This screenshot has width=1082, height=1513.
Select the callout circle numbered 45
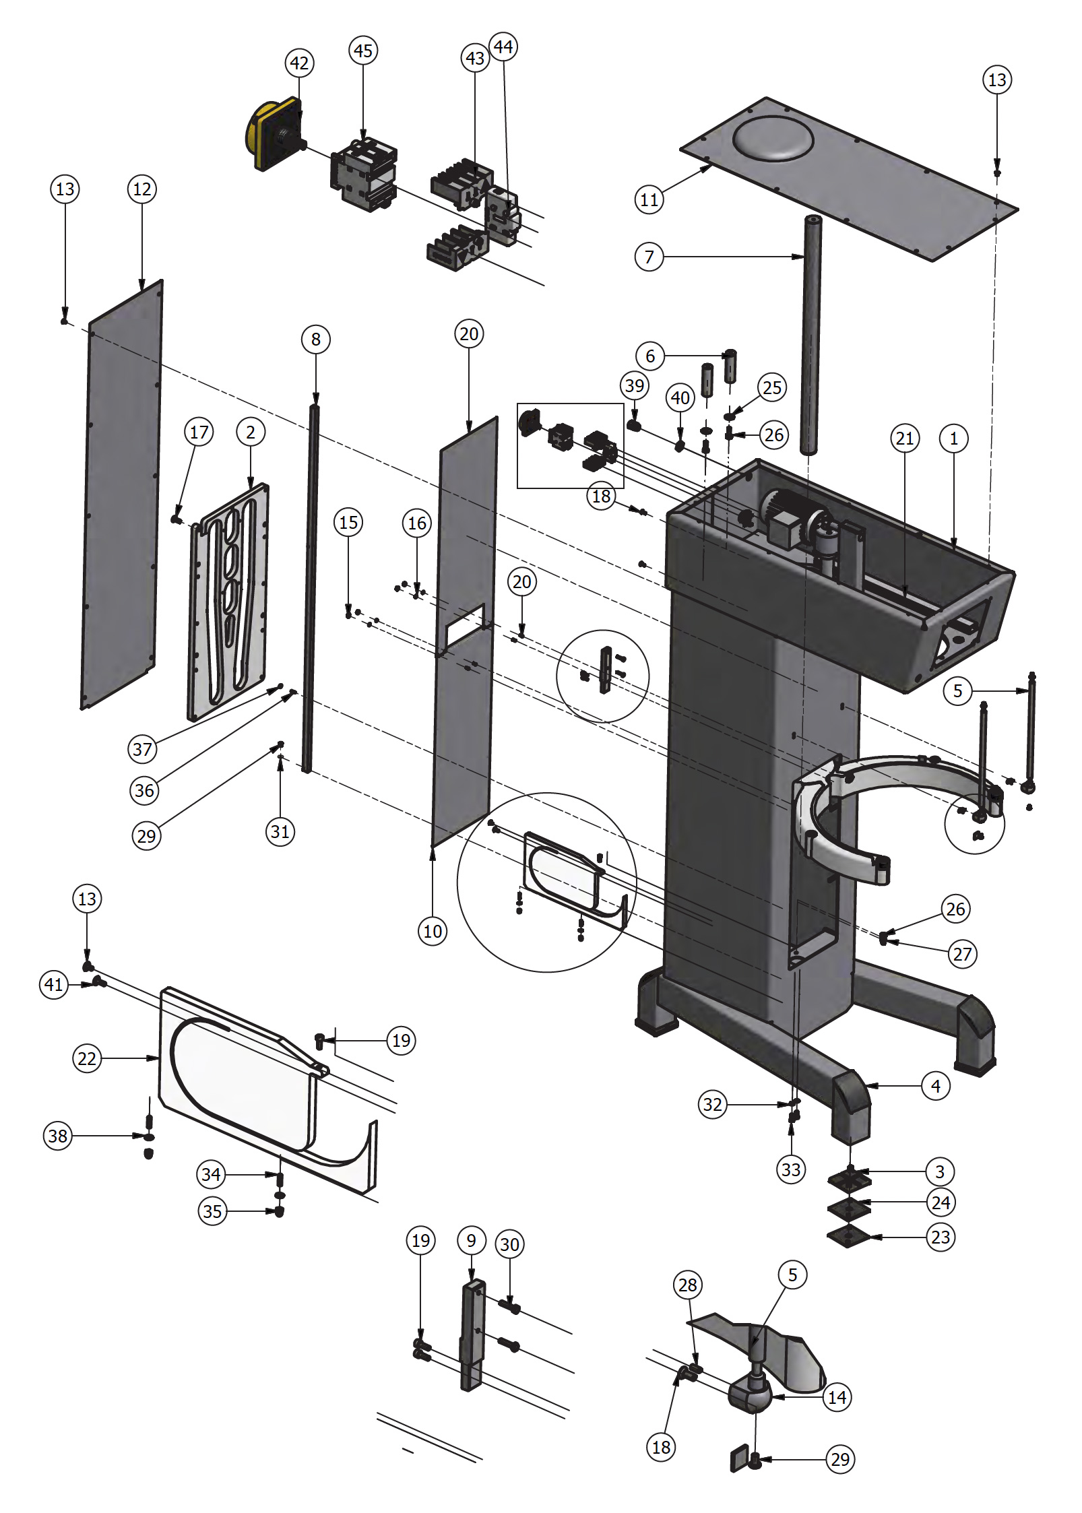pyautogui.click(x=362, y=51)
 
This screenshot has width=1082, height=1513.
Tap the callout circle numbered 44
pyautogui.click(x=503, y=46)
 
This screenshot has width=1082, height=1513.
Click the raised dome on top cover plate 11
pyautogui.click(x=773, y=138)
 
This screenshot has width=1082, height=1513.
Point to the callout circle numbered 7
pyautogui.click(x=649, y=257)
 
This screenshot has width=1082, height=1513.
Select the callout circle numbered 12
pyautogui.click(x=142, y=189)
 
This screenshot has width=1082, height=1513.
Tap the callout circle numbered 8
pyautogui.click(x=315, y=339)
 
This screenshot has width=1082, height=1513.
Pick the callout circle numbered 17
pyautogui.click(x=199, y=432)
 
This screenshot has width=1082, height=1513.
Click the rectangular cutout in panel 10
pyautogui.click(x=464, y=622)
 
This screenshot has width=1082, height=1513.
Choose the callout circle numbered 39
pyautogui.click(x=634, y=385)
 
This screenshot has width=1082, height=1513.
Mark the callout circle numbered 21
pyautogui.click(x=904, y=439)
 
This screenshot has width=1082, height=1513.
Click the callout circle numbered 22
pyautogui.click(x=87, y=1058)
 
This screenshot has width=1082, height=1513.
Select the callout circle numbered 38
pyautogui.click(x=58, y=1136)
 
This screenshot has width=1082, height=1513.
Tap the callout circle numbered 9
pyautogui.click(x=471, y=1240)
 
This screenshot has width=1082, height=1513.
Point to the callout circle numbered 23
pyautogui.click(x=940, y=1237)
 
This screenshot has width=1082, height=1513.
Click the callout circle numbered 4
pyautogui.click(x=935, y=1086)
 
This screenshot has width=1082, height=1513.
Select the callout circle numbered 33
pyautogui.click(x=791, y=1169)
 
